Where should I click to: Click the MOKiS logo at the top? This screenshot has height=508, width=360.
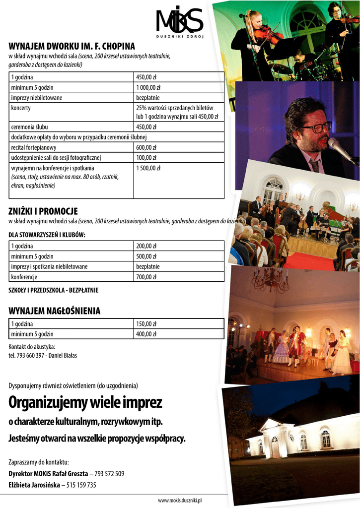coord(179,22)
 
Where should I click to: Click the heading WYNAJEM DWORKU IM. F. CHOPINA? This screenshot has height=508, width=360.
coord(72,46)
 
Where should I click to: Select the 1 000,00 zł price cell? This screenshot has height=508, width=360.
coord(146,87)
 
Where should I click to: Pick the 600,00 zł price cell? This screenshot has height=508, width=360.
coord(146,147)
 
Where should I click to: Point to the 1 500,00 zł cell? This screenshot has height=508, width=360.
coord(148,168)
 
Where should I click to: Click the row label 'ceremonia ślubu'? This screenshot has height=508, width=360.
coord(29,127)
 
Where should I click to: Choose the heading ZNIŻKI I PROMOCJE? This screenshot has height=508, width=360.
coord(43,211)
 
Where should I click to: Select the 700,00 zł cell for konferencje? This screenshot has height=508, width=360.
coord(146,277)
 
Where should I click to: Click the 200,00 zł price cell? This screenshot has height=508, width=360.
coord(146,246)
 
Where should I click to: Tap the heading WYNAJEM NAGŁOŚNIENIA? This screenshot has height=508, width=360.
coord(55,311)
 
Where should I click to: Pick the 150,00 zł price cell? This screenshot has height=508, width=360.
coord(146,324)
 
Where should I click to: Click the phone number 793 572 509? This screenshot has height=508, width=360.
coord(108,473)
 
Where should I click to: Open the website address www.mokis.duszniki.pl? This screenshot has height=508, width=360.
coord(180,501)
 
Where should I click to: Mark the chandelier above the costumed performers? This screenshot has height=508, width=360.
coord(271,280)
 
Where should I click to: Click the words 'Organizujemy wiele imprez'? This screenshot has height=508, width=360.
coord(85,402)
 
